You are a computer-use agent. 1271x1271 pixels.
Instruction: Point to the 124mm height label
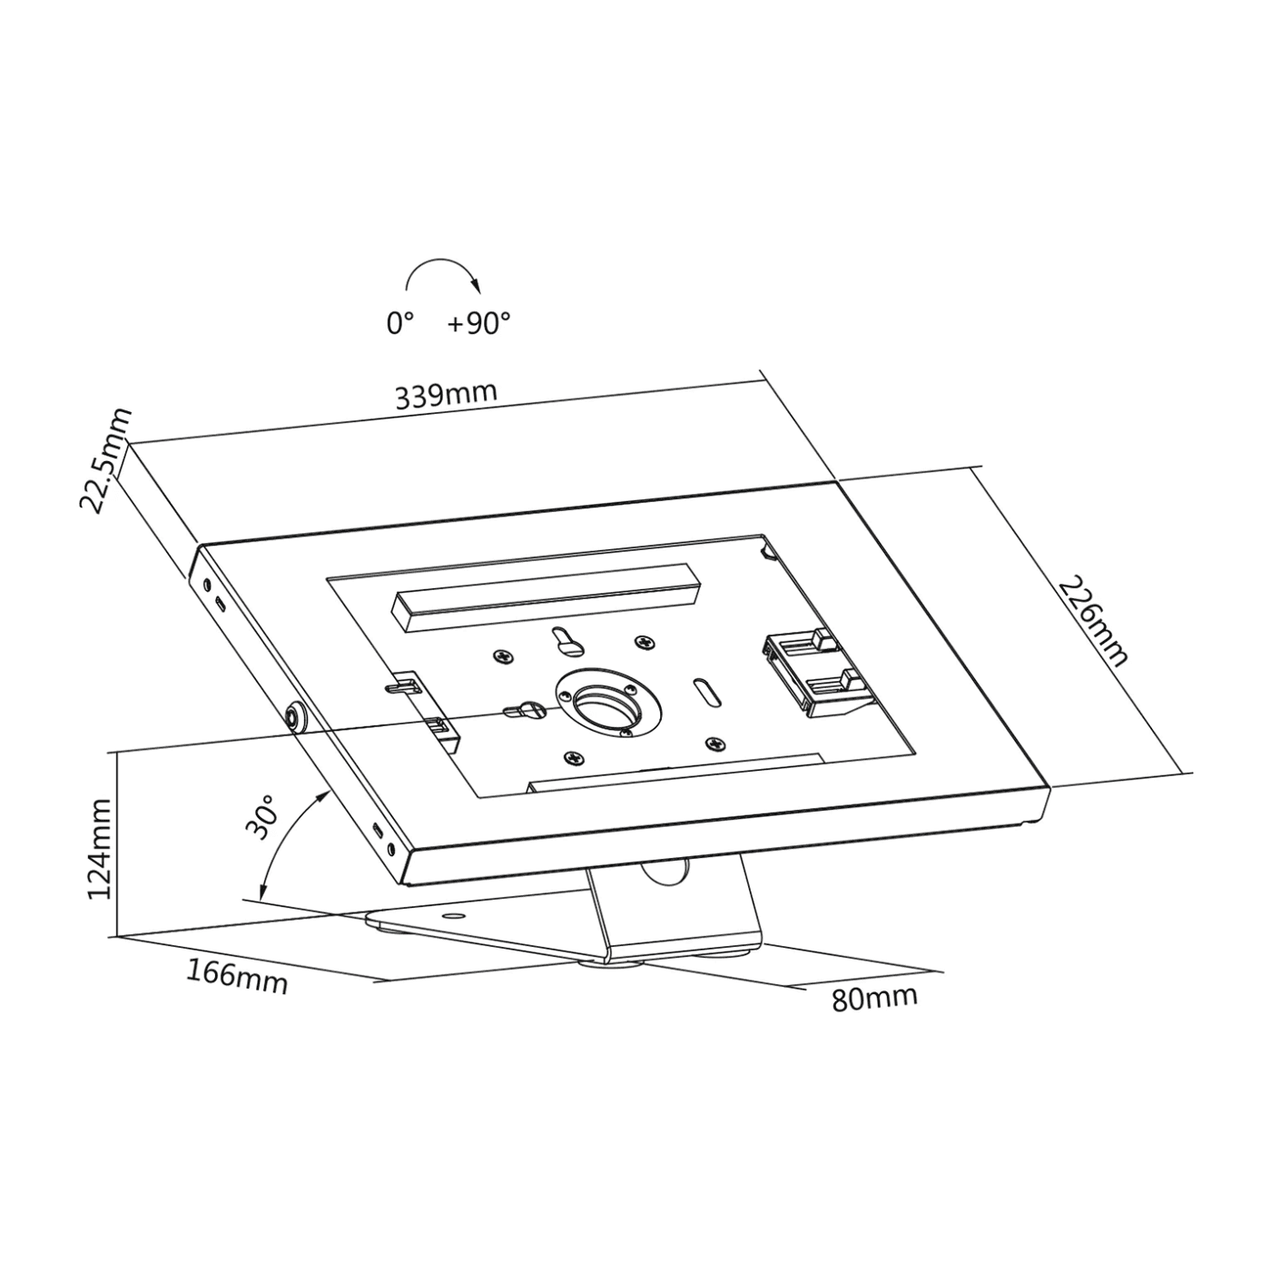[x=99, y=849]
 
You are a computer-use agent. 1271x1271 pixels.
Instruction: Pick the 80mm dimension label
[x=874, y=998]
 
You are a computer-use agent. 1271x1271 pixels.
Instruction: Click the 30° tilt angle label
[x=261, y=817]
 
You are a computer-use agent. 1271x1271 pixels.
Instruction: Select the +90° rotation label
[x=478, y=323]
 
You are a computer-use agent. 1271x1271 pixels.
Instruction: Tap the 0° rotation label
[x=399, y=323]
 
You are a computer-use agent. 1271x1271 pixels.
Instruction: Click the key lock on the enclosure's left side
[x=297, y=717]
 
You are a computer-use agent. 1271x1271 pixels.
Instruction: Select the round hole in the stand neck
[x=665, y=871]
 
